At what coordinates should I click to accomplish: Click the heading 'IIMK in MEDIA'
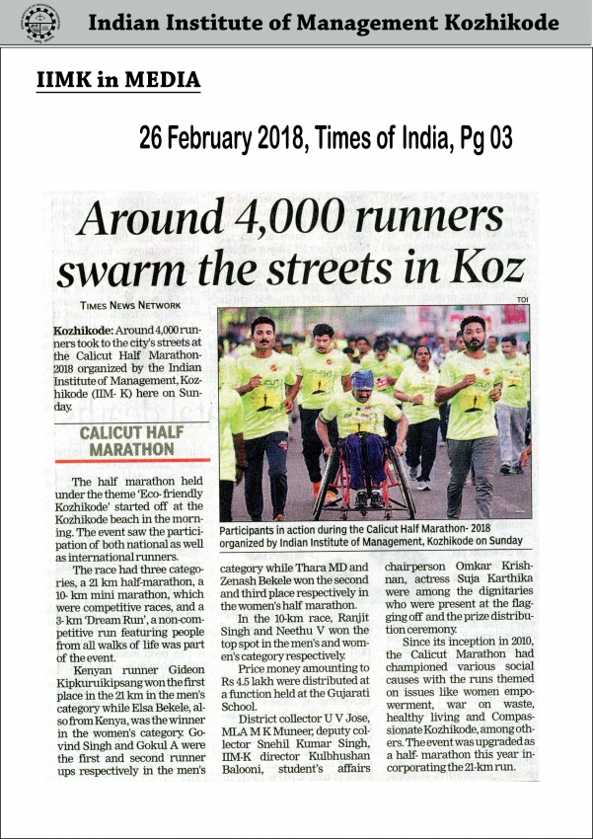116,79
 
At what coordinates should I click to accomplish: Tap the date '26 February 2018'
221,139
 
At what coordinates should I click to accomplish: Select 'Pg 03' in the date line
485,139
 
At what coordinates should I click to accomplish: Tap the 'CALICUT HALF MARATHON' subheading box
132,441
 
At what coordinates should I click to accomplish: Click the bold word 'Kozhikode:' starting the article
85,328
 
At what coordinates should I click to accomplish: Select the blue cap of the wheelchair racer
362,379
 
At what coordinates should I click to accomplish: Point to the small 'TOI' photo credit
522,301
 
